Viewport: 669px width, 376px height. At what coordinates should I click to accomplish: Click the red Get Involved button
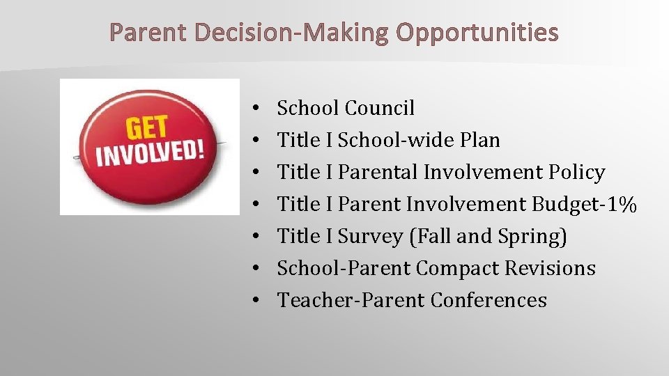pyautogui.click(x=149, y=147)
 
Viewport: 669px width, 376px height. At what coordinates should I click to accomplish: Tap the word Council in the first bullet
pyautogui.click(x=380, y=108)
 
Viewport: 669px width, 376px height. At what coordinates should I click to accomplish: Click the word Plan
pyautogui.click(x=480, y=140)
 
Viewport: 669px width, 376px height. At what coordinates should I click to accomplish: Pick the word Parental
pyautogui.click(x=380, y=172)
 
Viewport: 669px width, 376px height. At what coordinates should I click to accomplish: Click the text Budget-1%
pyautogui.click(x=584, y=204)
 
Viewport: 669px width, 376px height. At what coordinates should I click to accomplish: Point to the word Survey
pyautogui.click(x=370, y=236)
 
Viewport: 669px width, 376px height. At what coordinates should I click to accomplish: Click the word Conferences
pyautogui.click(x=489, y=300)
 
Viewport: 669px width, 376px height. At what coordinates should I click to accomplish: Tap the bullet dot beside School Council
pyautogui.click(x=256, y=109)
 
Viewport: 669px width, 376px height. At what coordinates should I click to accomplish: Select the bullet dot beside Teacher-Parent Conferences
pyautogui.click(x=256, y=301)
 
